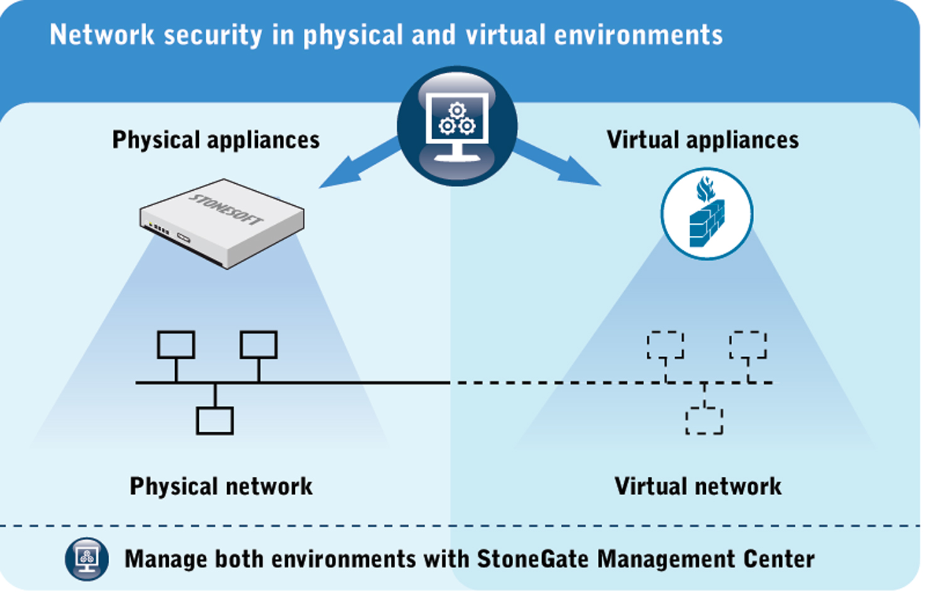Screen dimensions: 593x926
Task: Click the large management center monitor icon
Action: click(x=457, y=126)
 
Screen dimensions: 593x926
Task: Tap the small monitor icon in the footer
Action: click(x=87, y=558)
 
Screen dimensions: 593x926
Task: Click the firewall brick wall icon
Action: click(x=706, y=214)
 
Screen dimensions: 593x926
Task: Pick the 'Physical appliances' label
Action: click(x=216, y=140)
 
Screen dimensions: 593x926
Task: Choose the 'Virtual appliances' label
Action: click(x=703, y=140)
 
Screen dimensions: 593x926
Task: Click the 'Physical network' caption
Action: click(x=221, y=486)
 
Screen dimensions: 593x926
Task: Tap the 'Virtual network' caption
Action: click(x=698, y=486)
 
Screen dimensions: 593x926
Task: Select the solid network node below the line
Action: click(x=215, y=420)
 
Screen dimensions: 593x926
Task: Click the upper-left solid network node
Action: click(x=176, y=345)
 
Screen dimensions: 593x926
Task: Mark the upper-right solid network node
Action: click(x=258, y=345)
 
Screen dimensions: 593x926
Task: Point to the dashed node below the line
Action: click(x=704, y=420)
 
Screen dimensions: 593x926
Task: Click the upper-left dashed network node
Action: click(x=666, y=345)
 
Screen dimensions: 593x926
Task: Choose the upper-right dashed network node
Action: click(x=748, y=345)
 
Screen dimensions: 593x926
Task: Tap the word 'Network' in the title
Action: click(x=102, y=35)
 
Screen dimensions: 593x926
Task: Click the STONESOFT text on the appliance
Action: click(x=227, y=208)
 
